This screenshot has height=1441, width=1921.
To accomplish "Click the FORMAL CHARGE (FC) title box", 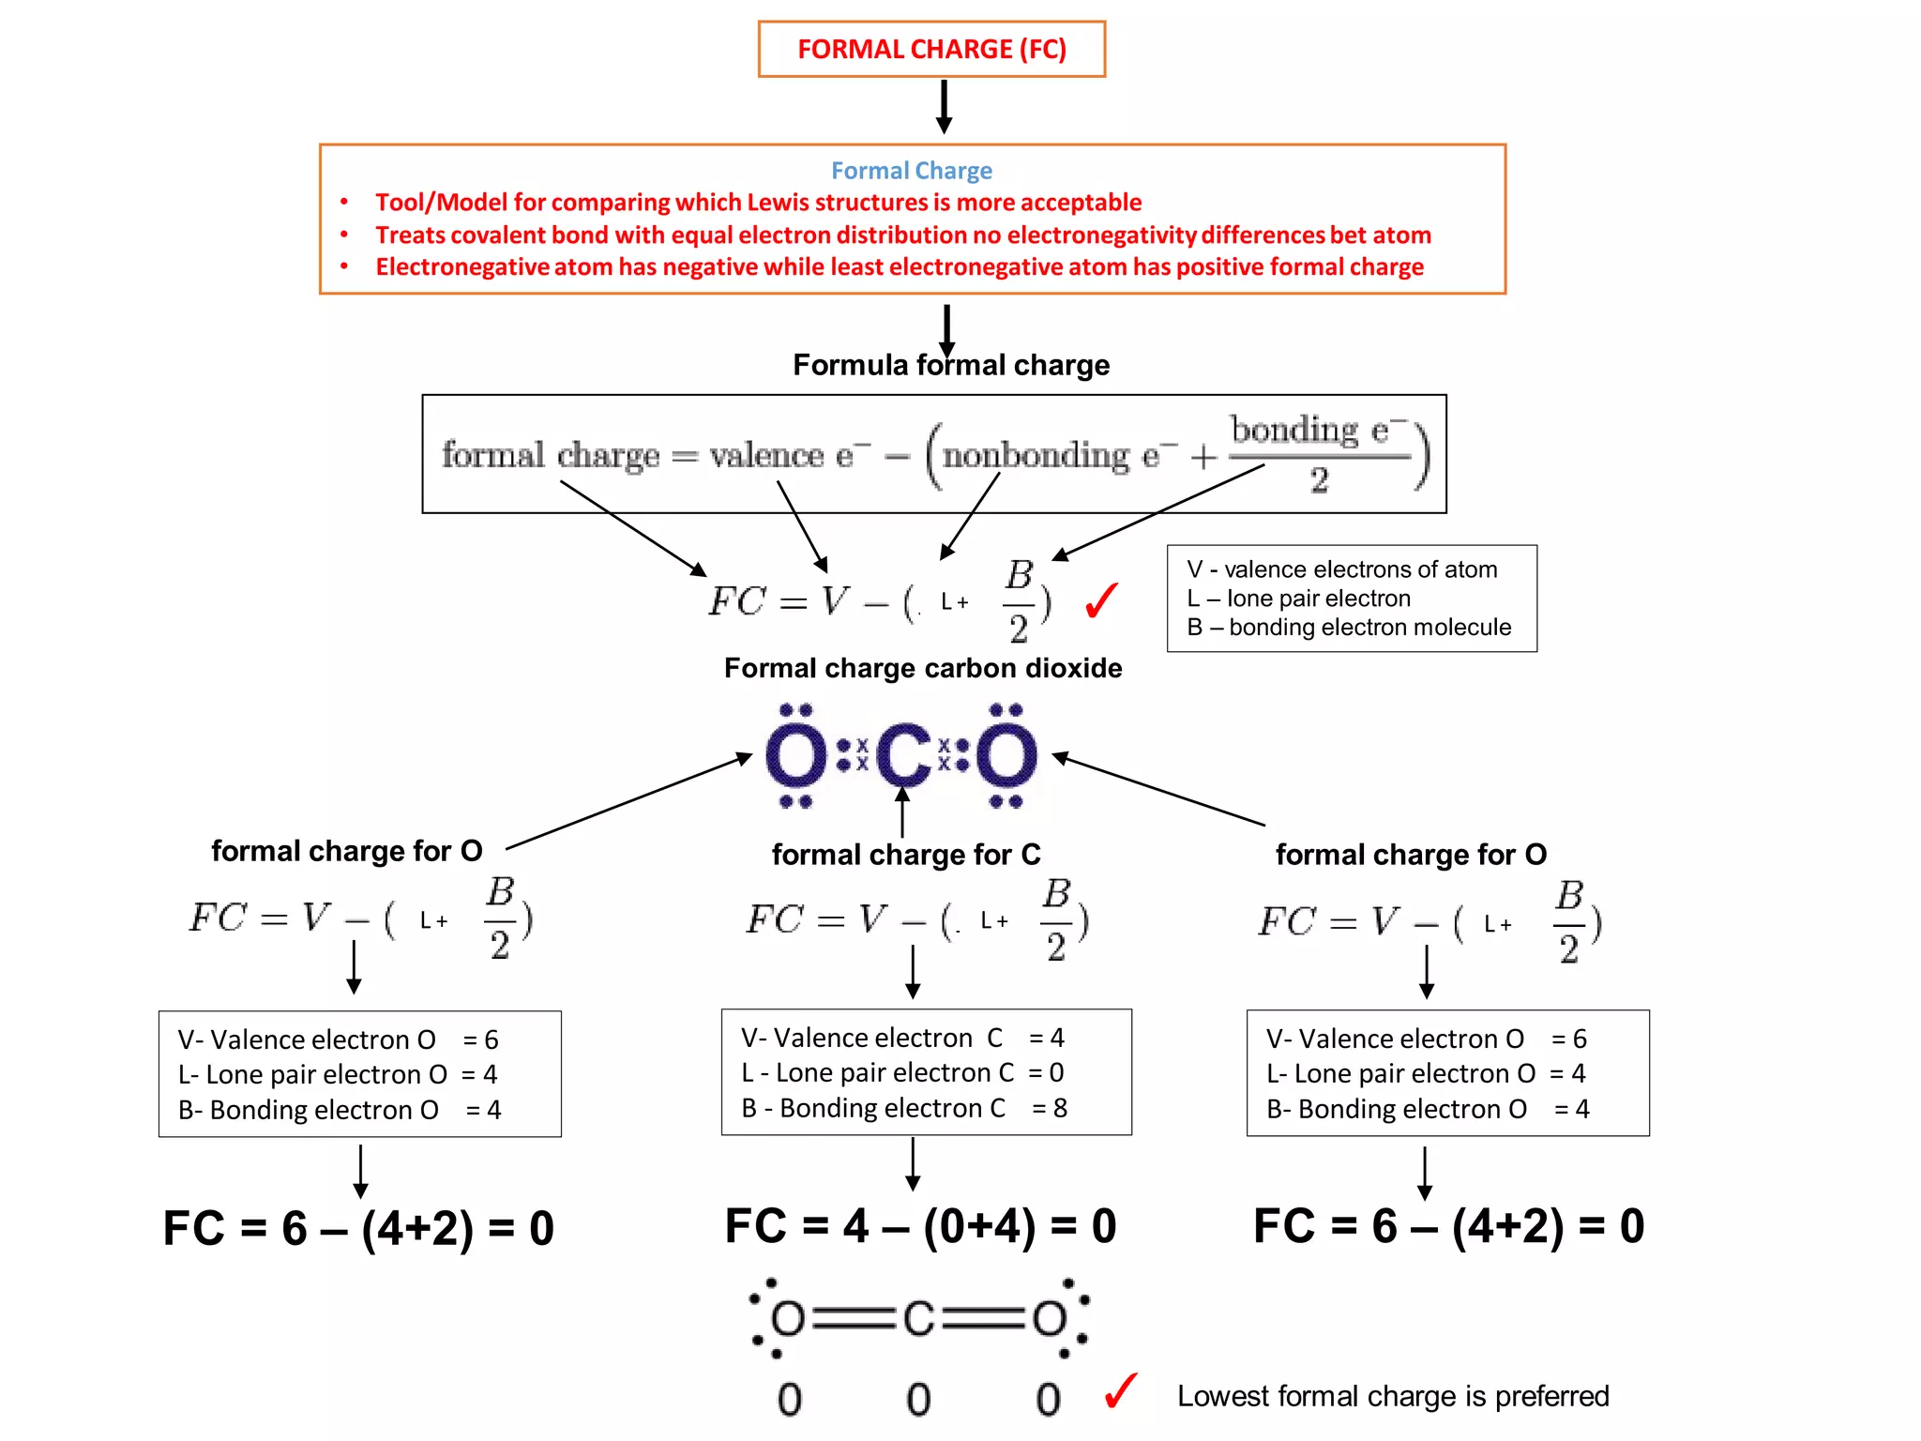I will click(x=930, y=49).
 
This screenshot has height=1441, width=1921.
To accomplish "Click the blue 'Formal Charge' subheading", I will click(x=911, y=171).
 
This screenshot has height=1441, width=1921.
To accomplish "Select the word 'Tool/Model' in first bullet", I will click(x=430, y=203).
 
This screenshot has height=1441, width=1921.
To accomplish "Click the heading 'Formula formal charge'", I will click(x=950, y=365).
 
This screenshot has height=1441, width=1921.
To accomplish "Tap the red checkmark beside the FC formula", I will click(x=1101, y=600).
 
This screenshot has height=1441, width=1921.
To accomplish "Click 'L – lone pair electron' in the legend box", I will click(x=1298, y=599).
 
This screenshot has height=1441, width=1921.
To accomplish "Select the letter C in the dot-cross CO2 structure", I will click(x=903, y=756).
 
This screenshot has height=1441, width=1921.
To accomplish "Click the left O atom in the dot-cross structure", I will click(x=795, y=756).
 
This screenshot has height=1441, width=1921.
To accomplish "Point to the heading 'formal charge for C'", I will click(x=905, y=855).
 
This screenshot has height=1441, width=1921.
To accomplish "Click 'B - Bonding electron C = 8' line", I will click(x=903, y=1108).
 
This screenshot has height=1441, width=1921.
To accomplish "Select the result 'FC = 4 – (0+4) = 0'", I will click(x=920, y=1226).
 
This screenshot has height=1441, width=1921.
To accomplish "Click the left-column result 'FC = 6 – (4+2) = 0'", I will click(x=358, y=1228).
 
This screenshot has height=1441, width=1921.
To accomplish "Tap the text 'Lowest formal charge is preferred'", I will click(x=1392, y=1396).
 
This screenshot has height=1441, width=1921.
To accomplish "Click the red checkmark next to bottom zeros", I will click(x=1120, y=1391).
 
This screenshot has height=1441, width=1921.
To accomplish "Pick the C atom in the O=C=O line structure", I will click(x=918, y=1319).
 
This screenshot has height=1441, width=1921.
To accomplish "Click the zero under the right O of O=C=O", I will click(x=1048, y=1400).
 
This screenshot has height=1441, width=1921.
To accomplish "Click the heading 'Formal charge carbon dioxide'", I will click(x=922, y=668).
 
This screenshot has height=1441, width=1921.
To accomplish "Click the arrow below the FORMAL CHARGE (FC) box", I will click(x=944, y=106).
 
